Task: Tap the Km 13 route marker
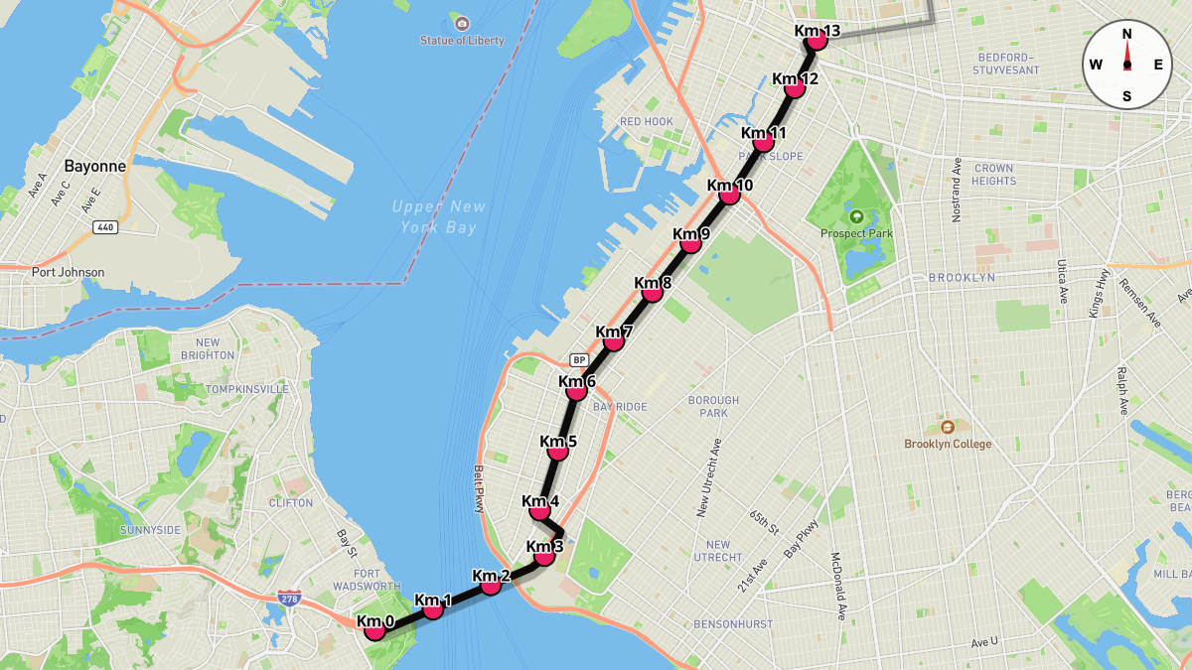(x=818, y=40)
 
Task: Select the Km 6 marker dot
(x=576, y=391)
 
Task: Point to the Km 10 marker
(x=730, y=194)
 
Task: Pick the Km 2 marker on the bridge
(x=491, y=585)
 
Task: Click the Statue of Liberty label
(x=461, y=40)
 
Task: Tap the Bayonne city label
(x=95, y=166)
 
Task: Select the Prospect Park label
(x=856, y=233)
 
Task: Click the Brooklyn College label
(x=947, y=444)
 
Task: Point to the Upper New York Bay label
(x=439, y=216)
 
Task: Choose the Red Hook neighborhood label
(x=647, y=122)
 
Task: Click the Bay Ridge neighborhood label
(x=620, y=407)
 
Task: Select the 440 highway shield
(x=104, y=227)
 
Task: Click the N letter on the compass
(x=1126, y=34)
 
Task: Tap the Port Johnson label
(x=68, y=272)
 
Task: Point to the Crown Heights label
(x=993, y=175)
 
